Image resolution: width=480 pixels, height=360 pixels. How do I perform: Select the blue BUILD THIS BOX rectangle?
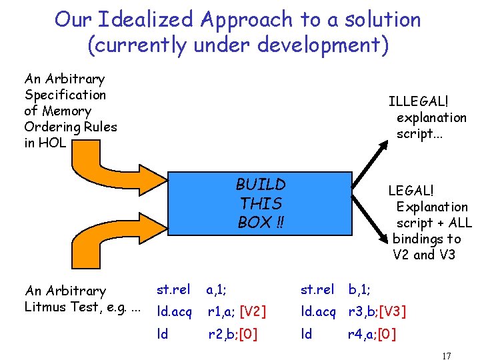[x=261, y=203]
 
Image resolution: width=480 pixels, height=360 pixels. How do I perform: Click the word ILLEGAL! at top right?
[x=419, y=101]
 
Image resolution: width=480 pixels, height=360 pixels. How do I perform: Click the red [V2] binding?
[x=253, y=311]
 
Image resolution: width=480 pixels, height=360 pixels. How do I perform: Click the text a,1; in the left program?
[x=216, y=290]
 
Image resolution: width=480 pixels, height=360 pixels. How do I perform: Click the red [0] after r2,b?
[x=249, y=333]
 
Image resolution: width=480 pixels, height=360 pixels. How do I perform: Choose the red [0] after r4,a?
[x=387, y=333]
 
